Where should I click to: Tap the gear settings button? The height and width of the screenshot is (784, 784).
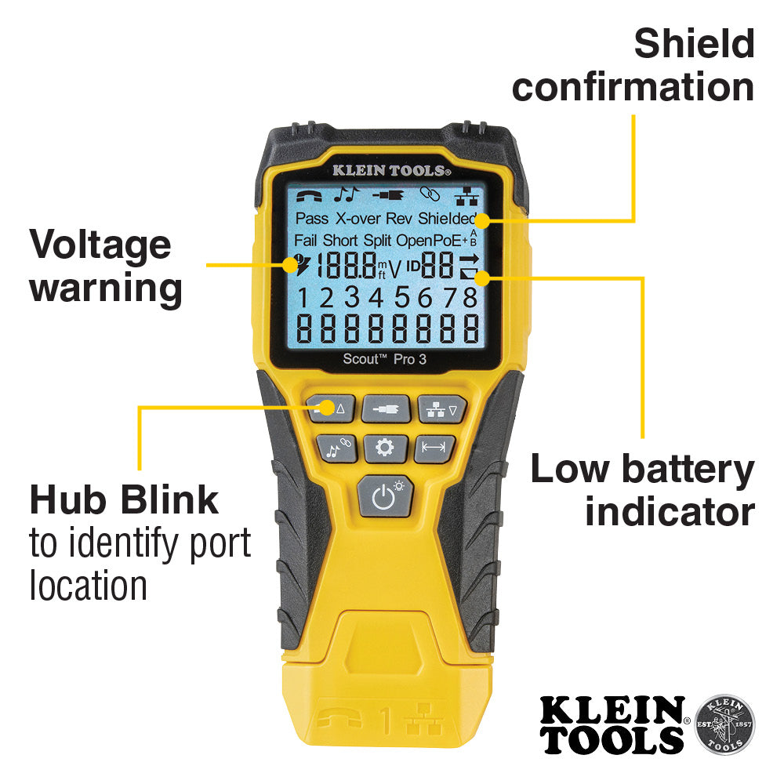[x=384, y=448]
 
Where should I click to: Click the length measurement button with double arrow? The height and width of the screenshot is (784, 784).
[x=434, y=448]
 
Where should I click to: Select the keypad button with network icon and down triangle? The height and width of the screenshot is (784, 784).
[x=441, y=408]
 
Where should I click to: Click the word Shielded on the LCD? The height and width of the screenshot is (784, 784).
[x=447, y=219]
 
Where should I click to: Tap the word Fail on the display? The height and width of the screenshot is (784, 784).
[x=306, y=240]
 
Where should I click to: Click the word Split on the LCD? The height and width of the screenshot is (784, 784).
[x=378, y=240]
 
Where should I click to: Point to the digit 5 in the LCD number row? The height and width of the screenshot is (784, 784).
[x=402, y=298]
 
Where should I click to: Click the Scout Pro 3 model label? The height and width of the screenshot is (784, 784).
[x=384, y=358]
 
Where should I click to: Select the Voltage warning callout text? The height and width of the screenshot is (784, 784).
[x=105, y=267]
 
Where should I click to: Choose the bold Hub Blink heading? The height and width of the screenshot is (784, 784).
[x=124, y=499]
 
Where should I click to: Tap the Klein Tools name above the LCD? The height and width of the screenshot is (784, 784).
[x=390, y=169]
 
